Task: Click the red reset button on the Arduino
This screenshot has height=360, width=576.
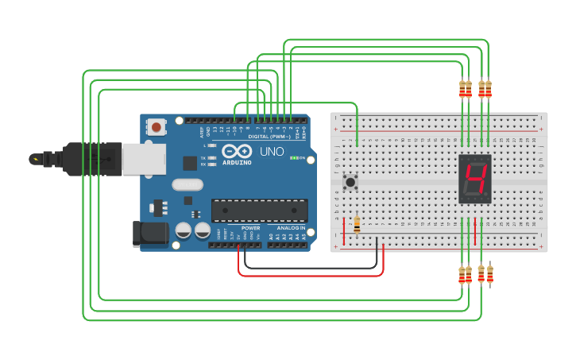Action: click(x=157, y=126)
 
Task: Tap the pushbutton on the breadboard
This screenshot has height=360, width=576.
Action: click(x=350, y=183)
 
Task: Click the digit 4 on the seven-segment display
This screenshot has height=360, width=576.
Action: click(x=475, y=181)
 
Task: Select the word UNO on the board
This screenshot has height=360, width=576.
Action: click(x=272, y=151)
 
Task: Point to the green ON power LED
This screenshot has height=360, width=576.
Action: click(x=294, y=158)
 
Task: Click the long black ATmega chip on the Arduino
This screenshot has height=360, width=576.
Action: click(x=259, y=211)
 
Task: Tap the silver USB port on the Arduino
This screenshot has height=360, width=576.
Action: click(x=143, y=158)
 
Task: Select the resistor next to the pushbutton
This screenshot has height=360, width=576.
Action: click(x=357, y=226)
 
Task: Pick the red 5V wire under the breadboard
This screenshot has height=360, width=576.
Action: click(x=310, y=276)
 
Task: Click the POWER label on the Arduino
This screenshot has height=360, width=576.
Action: click(x=251, y=227)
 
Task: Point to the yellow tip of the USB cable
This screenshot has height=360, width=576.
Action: click(x=35, y=158)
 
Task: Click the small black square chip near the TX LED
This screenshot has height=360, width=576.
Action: click(x=190, y=163)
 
